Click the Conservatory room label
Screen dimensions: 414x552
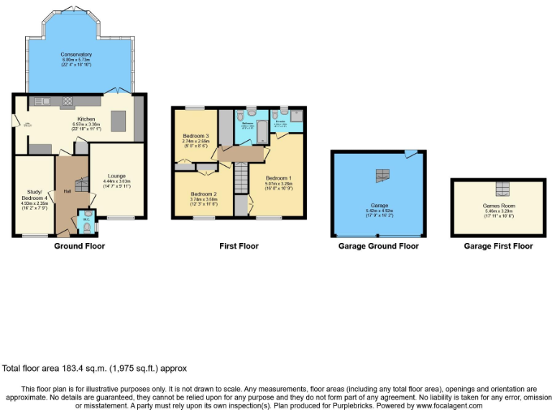[x=75, y=54]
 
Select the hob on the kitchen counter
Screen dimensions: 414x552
[x=68, y=101]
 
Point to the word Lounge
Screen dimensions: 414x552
[x=117, y=175]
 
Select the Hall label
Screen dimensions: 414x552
[x=67, y=191]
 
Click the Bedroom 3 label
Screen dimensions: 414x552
[x=195, y=136]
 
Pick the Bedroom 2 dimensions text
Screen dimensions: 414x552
[x=203, y=202]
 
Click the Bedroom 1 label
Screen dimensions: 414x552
[x=279, y=178]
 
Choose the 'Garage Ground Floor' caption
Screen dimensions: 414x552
[x=378, y=246]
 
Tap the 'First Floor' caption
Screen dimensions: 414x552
[x=239, y=246]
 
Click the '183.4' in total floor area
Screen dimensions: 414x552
[x=73, y=368]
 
